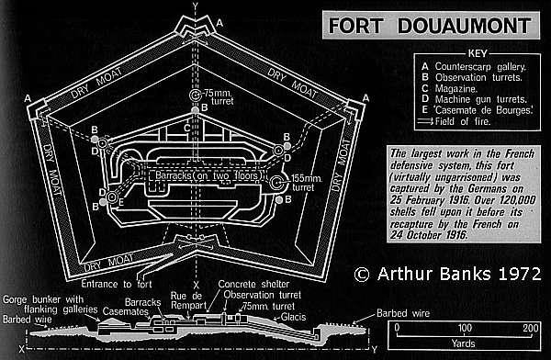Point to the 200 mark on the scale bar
click(x=529, y=328)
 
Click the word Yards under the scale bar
click(x=462, y=348)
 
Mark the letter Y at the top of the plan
click(x=194, y=7)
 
